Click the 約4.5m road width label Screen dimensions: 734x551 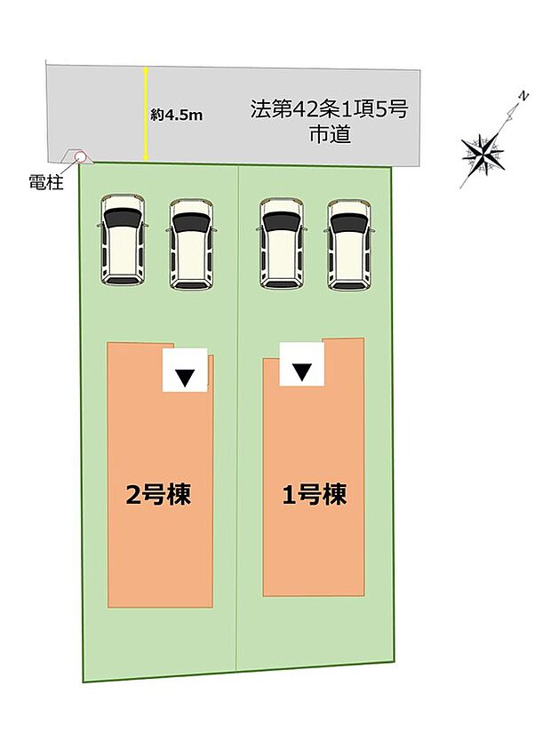pyautogui.click(x=178, y=114)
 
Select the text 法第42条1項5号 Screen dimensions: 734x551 pyautogui.click(x=329, y=111)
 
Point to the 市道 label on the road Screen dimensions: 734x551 pyautogui.click(x=329, y=136)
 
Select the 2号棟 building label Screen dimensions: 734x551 pyautogui.click(x=159, y=494)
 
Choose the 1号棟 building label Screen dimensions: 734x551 pyautogui.click(x=314, y=494)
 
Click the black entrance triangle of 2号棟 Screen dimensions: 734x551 pyautogui.click(x=185, y=377)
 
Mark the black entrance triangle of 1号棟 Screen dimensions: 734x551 pyautogui.click(x=303, y=371)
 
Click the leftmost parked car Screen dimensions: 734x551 pyautogui.click(x=123, y=240)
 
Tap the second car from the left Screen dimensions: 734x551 pyautogui.click(x=191, y=243)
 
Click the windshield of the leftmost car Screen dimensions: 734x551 pyautogui.click(x=123, y=219)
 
